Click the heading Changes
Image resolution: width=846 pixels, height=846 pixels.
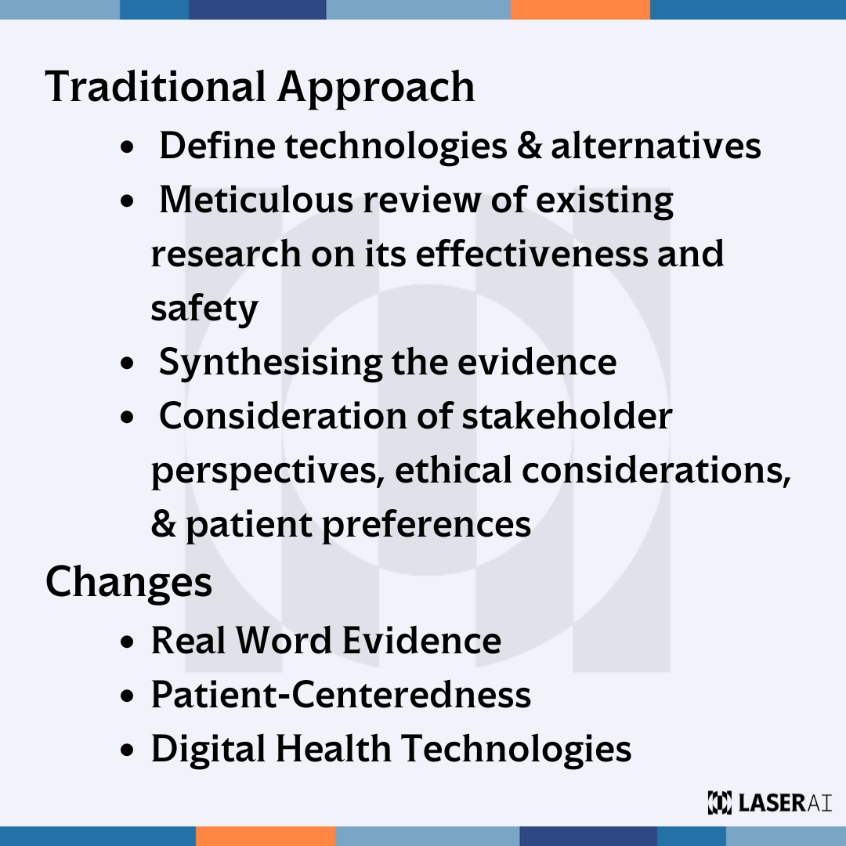pos(129,582)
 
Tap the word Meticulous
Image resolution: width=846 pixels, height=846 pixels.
pos(256,201)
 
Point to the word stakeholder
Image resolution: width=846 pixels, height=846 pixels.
pos(566,416)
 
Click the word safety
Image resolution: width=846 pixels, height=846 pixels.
pos(204,309)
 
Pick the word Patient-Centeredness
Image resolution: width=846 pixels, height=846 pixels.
pos(341,695)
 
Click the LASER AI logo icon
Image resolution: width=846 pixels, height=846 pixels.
pos(718,802)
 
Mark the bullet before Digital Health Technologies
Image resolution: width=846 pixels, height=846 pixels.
pos(129,750)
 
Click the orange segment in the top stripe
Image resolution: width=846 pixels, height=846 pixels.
pos(580,9)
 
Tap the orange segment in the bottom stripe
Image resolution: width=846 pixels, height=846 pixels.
pos(265,836)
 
